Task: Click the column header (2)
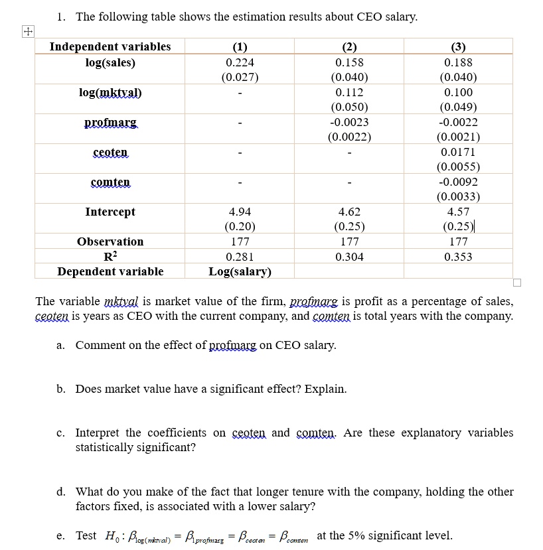349,47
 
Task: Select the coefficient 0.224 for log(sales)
240,63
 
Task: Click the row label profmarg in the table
110,123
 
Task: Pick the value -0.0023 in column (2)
349,123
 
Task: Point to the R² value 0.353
458,257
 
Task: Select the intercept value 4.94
240,212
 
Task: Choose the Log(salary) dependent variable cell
240,271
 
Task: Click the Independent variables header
110,47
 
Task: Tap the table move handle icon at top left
27,31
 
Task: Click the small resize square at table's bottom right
517,283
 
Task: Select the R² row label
110,257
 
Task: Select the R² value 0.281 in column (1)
240,257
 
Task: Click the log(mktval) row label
110,93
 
